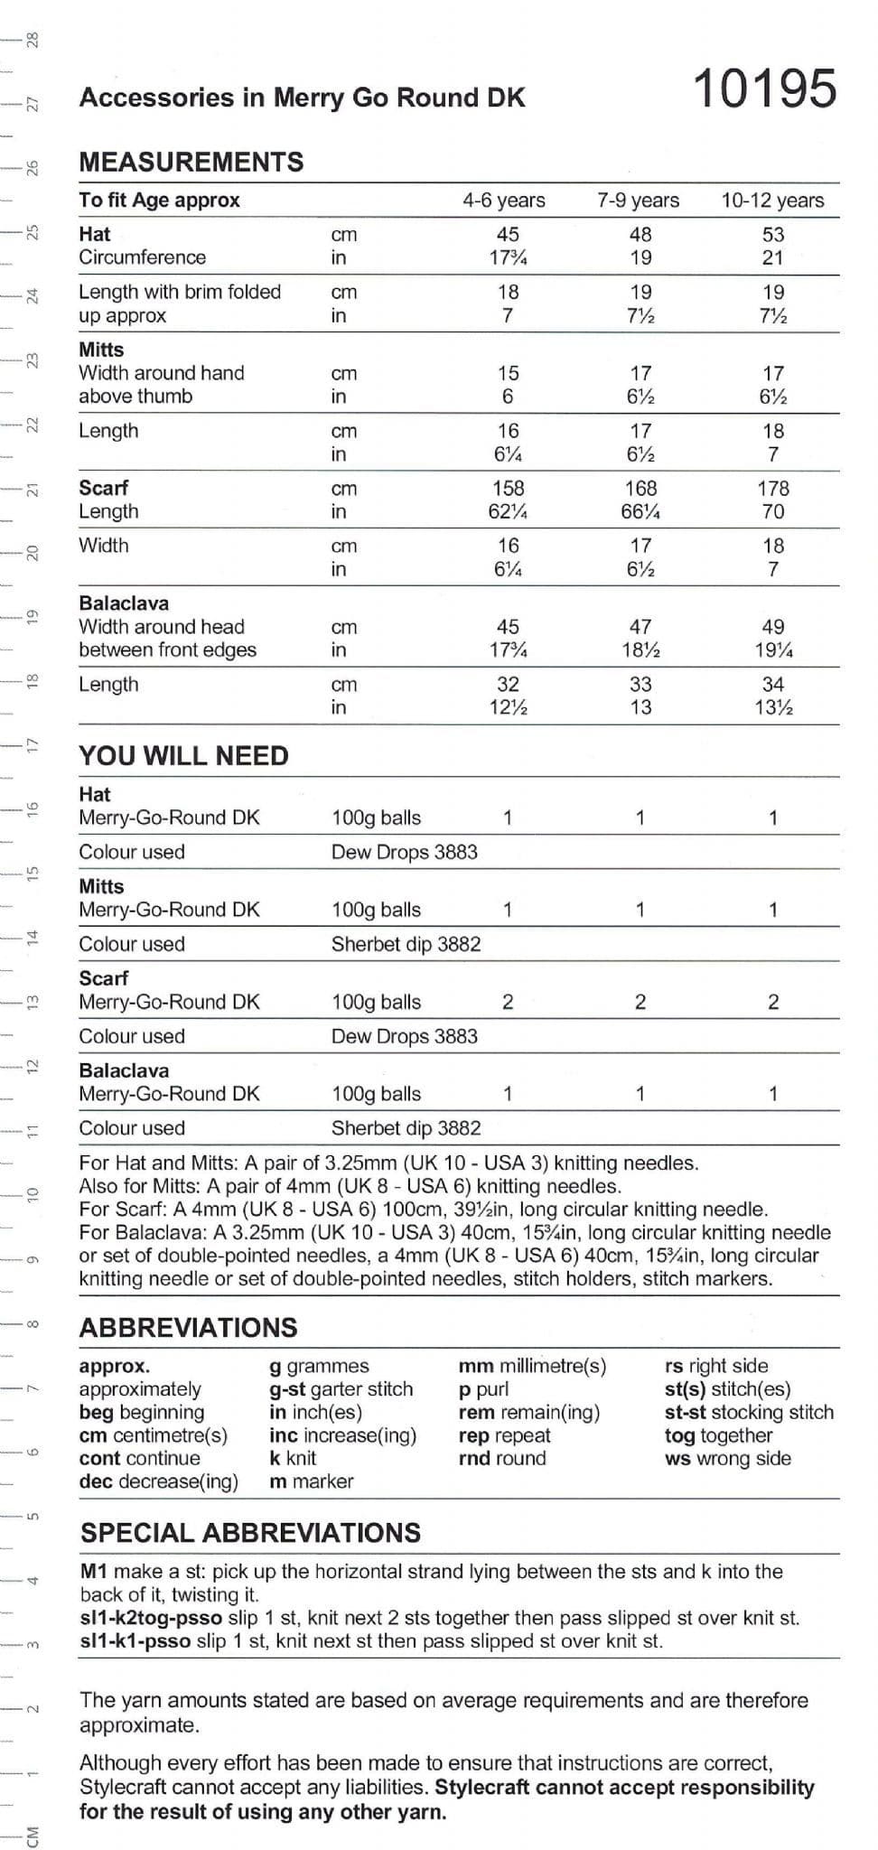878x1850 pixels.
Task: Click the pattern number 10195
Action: coord(765,89)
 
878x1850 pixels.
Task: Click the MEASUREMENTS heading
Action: coord(191,162)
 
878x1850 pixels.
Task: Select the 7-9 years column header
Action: coord(638,201)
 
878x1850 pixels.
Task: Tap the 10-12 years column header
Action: coord(772,201)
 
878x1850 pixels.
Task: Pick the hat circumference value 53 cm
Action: coord(773,235)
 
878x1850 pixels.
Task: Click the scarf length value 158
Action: coord(508,489)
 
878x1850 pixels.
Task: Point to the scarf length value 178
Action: coord(773,489)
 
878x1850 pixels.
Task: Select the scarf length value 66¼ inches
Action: coord(640,512)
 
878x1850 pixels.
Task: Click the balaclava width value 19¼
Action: coord(773,650)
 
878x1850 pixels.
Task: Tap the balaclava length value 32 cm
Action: coord(508,685)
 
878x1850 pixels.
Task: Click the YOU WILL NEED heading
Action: coord(183,755)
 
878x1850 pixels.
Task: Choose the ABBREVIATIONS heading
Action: coord(188,1327)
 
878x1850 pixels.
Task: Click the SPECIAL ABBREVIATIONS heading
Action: coord(250,1533)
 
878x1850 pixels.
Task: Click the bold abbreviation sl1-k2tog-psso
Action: coord(135,1618)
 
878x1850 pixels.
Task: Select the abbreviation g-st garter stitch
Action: coord(341,1389)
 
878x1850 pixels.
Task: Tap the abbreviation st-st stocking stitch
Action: coord(749,1412)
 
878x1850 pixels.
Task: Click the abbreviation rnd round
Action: coord(502,1458)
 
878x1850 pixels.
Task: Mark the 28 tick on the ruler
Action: coord(32,41)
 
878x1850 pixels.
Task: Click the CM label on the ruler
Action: coord(33,1836)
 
